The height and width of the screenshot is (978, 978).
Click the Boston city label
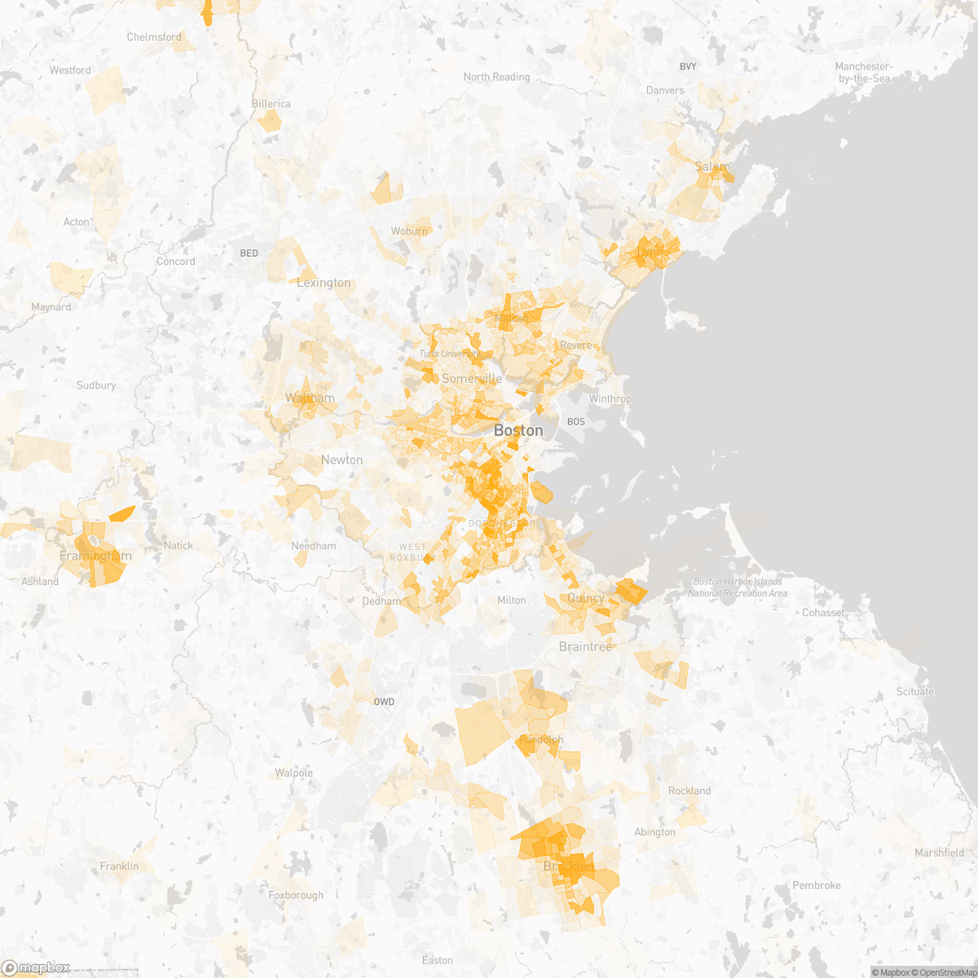coord(518,430)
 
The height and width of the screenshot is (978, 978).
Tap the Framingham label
coord(95,556)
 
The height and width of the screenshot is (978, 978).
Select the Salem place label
coord(712,167)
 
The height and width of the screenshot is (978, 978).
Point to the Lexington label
coord(324,283)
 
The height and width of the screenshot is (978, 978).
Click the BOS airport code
coord(576,421)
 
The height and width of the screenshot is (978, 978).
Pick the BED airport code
coord(249,253)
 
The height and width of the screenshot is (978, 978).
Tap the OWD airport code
coord(384,702)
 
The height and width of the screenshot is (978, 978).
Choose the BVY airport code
coord(688,66)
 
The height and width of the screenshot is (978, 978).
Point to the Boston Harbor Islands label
coord(738,587)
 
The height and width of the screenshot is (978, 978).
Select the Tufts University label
coord(449,354)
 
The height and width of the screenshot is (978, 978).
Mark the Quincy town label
coord(586,598)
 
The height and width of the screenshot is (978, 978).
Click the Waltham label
coord(310,399)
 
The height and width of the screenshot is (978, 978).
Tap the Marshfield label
coord(939,852)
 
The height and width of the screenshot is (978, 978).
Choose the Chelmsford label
coord(154,37)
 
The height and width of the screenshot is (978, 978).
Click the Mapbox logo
coord(36,967)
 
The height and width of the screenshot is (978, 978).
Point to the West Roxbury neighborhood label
coord(412,552)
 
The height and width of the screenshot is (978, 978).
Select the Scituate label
coord(914,692)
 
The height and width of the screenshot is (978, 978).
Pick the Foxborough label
coord(296,895)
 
